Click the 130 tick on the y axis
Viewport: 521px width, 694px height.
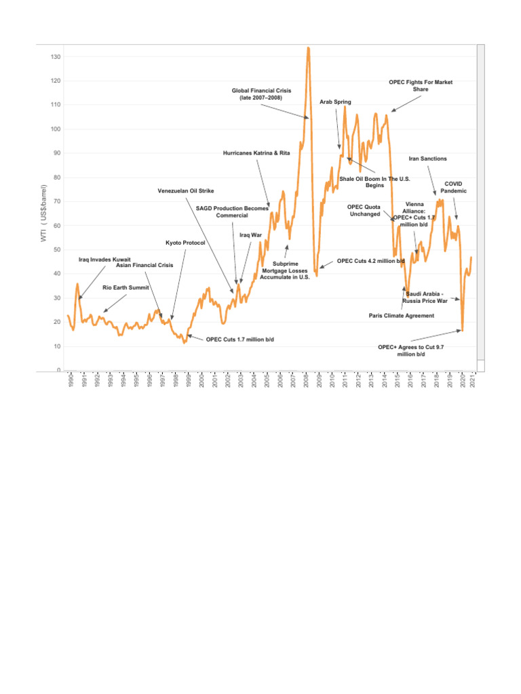pyautogui.click(x=56, y=57)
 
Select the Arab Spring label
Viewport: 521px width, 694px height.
pyautogui.click(x=336, y=102)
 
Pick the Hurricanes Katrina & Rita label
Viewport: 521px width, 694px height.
pyautogui.click(x=256, y=153)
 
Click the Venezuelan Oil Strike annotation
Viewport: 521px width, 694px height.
pyautogui.click(x=186, y=191)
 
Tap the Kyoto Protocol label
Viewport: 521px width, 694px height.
pyautogui.click(x=185, y=243)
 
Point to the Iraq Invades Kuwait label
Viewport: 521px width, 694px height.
pyautogui.click(x=104, y=260)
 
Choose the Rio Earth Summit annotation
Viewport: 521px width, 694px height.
pyautogui.click(x=126, y=288)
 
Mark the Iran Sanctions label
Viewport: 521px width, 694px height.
pyautogui.click(x=428, y=159)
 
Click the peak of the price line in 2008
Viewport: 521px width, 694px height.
pyautogui.click(x=309, y=48)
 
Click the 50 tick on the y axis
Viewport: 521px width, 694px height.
pyautogui.click(x=57, y=250)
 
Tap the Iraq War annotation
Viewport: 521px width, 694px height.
pyautogui.click(x=251, y=235)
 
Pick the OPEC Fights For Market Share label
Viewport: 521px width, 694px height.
pyautogui.click(x=421, y=85)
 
